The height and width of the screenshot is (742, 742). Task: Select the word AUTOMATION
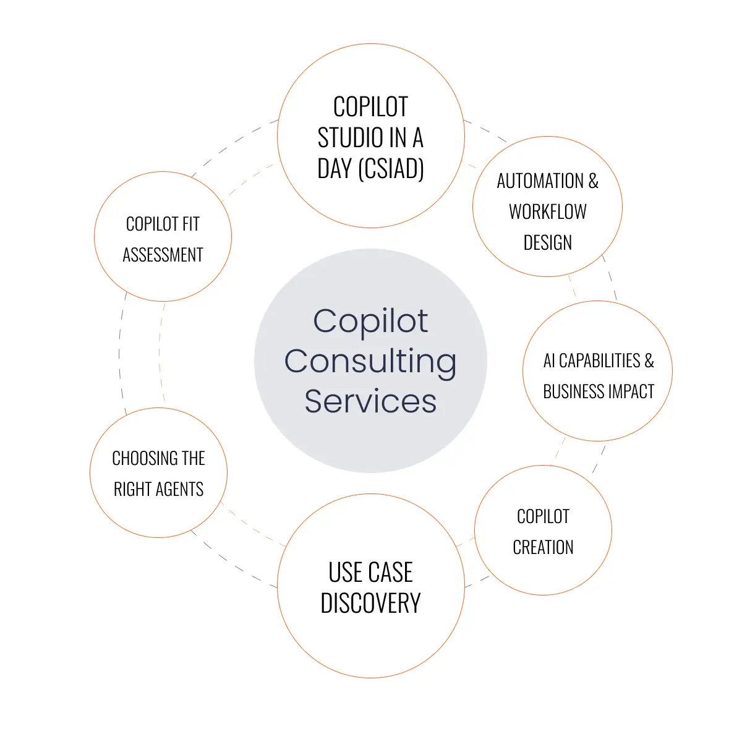pos(540,181)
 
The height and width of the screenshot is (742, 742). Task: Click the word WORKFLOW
pos(548,212)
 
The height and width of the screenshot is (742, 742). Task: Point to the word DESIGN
pos(548,243)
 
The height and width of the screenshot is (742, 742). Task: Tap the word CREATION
pos(544,547)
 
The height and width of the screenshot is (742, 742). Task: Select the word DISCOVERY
pos(370,603)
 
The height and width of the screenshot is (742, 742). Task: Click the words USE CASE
pos(370,573)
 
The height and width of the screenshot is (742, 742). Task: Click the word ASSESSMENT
pos(163,255)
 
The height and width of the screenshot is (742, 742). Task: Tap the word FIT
pos(190,224)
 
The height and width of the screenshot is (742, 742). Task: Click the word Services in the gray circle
pos(370,401)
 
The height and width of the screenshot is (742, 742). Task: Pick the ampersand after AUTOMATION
pos(594,181)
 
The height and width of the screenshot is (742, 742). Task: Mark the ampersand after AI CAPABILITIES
pos(649,360)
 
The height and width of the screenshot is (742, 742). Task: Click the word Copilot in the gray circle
pos(370,321)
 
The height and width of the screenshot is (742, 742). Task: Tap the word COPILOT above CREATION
pos(544,516)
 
